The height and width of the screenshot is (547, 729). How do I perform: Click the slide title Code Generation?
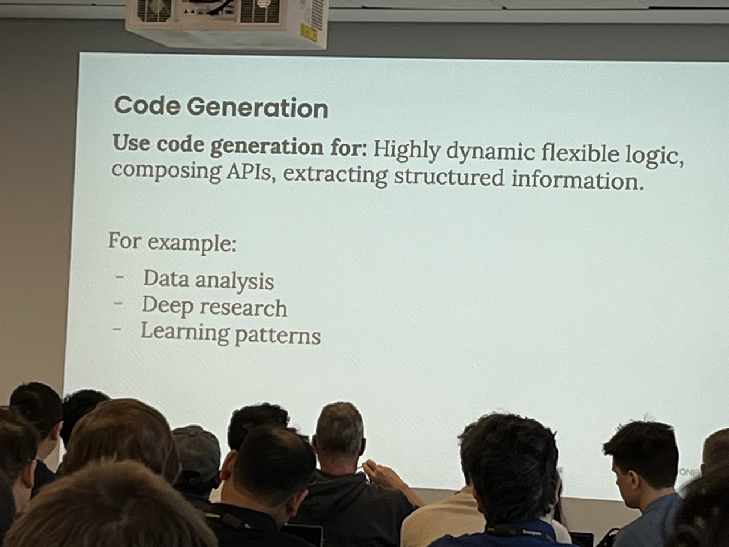click(221, 107)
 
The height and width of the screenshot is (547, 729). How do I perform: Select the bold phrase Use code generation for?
click(239, 146)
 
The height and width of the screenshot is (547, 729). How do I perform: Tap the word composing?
click(166, 171)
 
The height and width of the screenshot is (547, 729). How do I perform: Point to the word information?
click(578, 181)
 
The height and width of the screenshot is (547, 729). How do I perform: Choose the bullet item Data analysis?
click(208, 280)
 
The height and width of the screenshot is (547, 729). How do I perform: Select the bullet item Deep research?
click(215, 307)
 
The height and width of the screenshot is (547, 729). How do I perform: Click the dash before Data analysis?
click(120, 276)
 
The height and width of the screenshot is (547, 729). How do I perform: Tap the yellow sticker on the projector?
click(308, 31)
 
